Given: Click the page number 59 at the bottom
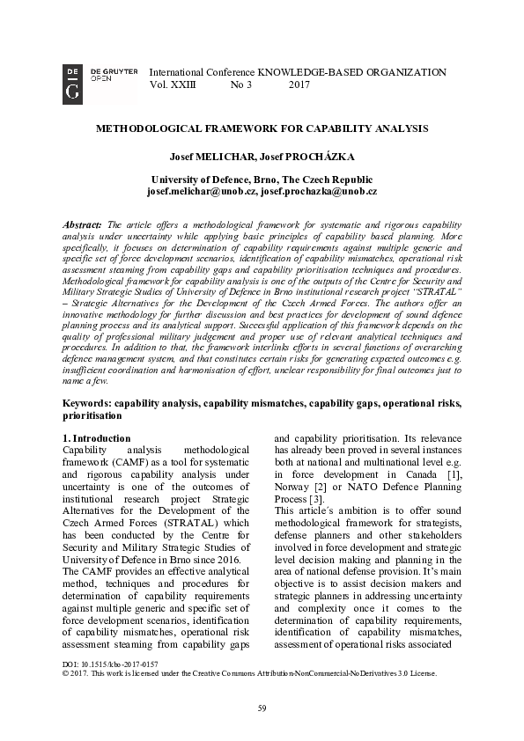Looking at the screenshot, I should coord(262,708).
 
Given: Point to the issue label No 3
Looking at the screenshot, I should coord(240,85).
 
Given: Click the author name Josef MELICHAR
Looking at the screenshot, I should coord(210,157).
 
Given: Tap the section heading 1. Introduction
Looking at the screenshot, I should coord(97,437).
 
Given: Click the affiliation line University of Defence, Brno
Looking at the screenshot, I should coord(262,179).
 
